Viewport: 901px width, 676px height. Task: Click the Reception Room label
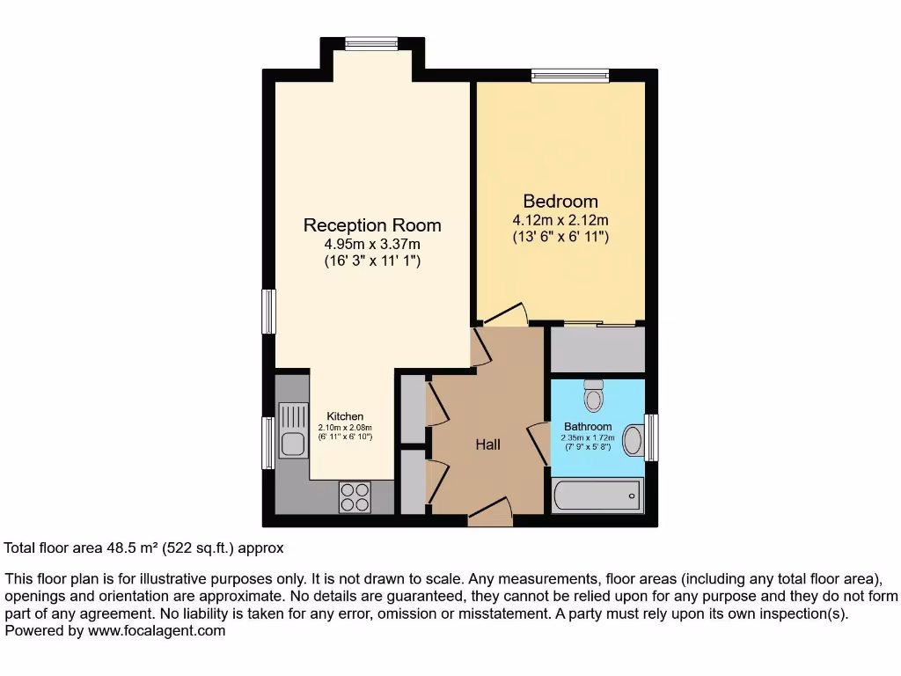click(x=372, y=225)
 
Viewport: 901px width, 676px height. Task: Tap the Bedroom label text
click(x=560, y=201)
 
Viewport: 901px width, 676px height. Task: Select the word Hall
click(x=487, y=445)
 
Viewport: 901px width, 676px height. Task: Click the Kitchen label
click(x=345, y=416)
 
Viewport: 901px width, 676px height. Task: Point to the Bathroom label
click(x=588, y=427)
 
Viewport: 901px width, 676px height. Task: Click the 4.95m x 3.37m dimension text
click(x=372, y=244)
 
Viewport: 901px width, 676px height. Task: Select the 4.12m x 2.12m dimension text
click(x=560, y=219)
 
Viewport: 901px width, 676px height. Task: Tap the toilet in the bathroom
click(x=594, y=398)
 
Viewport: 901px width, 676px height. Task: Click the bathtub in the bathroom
click(x=597, y=496)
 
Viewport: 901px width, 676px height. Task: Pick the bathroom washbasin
click(x=633, y=438)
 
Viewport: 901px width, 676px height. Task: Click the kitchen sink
click(x=291, y=429)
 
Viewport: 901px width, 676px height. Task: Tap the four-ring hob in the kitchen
click(x=355, y=497)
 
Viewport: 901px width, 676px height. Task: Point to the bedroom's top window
click(x=569, y=77)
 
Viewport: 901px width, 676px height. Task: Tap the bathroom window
click(x=652, y=437)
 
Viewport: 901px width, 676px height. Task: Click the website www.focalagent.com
click(x=155, y=630)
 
